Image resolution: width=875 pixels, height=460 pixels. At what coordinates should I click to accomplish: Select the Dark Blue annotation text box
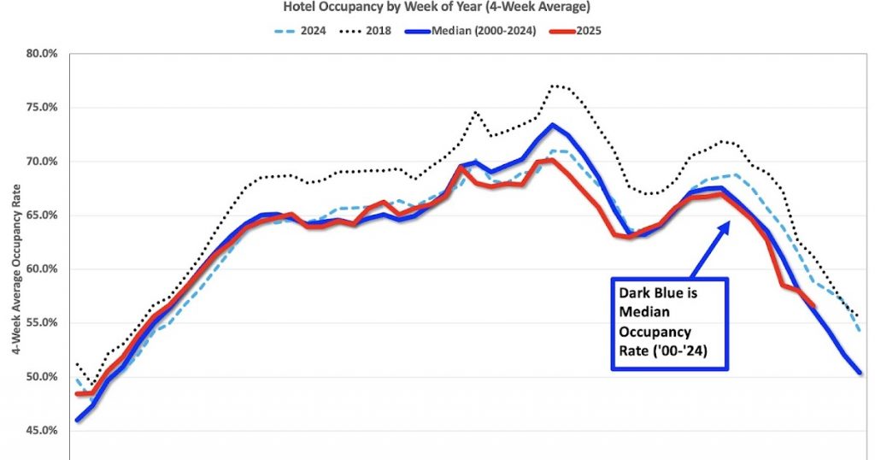(x=669, y=323)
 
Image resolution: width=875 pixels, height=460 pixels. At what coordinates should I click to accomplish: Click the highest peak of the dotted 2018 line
(x=555, y=86)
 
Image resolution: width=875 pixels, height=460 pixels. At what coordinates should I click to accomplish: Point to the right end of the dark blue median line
(x=860, y=373)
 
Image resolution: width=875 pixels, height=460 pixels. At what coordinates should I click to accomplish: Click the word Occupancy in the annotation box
(x=655, y=330)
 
